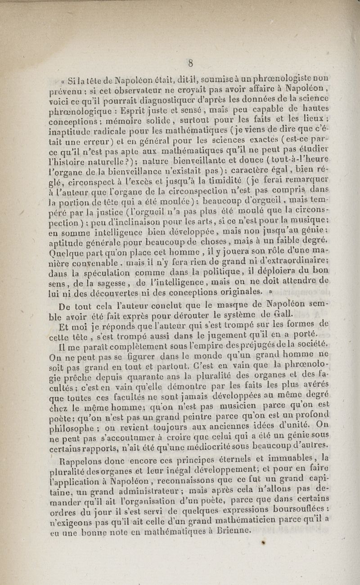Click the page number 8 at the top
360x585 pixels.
[x=190, y=63]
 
